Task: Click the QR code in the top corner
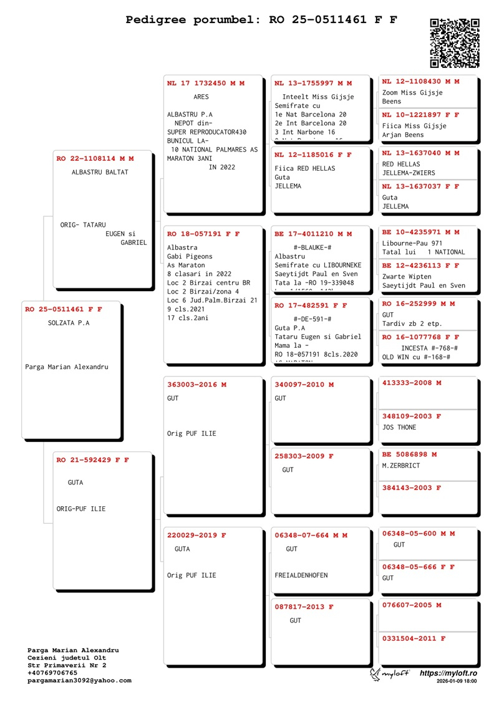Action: click(455, 42)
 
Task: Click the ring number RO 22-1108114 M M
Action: click(95, 159)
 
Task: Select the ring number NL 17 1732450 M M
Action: click(206, 83)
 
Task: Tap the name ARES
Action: click(201, 97)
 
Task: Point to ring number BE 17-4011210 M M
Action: click(313, 234)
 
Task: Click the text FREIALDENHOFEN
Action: click(301, 575)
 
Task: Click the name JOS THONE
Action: click(399, 428)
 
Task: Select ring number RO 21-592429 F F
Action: click(92, 460)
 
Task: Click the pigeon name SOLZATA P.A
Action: click(69, 323)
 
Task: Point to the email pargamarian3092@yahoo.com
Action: click(79, 681)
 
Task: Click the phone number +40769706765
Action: click(52, 673)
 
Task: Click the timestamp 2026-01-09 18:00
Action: click(457, 682)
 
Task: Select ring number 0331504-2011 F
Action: click(414, 638)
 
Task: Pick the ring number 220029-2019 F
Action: click(196, 535)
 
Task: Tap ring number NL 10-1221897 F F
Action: click(420, 115)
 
